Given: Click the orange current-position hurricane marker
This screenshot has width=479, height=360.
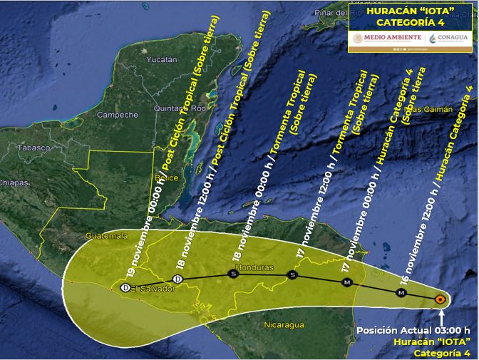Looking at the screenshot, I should click(441, 299).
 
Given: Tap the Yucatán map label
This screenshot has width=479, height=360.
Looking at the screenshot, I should click(160, 61).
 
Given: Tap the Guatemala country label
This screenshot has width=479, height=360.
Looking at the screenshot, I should click(106, 235).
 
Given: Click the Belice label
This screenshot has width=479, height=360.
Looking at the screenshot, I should click(165, 178).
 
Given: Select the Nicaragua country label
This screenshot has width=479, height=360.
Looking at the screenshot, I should click(284, 325).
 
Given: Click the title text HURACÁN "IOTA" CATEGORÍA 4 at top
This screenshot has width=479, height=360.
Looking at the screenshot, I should click(412, 16).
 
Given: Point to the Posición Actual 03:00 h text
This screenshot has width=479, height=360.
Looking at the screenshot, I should click(413, 330).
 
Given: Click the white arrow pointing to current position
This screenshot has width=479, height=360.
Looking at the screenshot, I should click(442, 314).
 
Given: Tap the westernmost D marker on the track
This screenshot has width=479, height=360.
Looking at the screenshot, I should click(126, 287).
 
